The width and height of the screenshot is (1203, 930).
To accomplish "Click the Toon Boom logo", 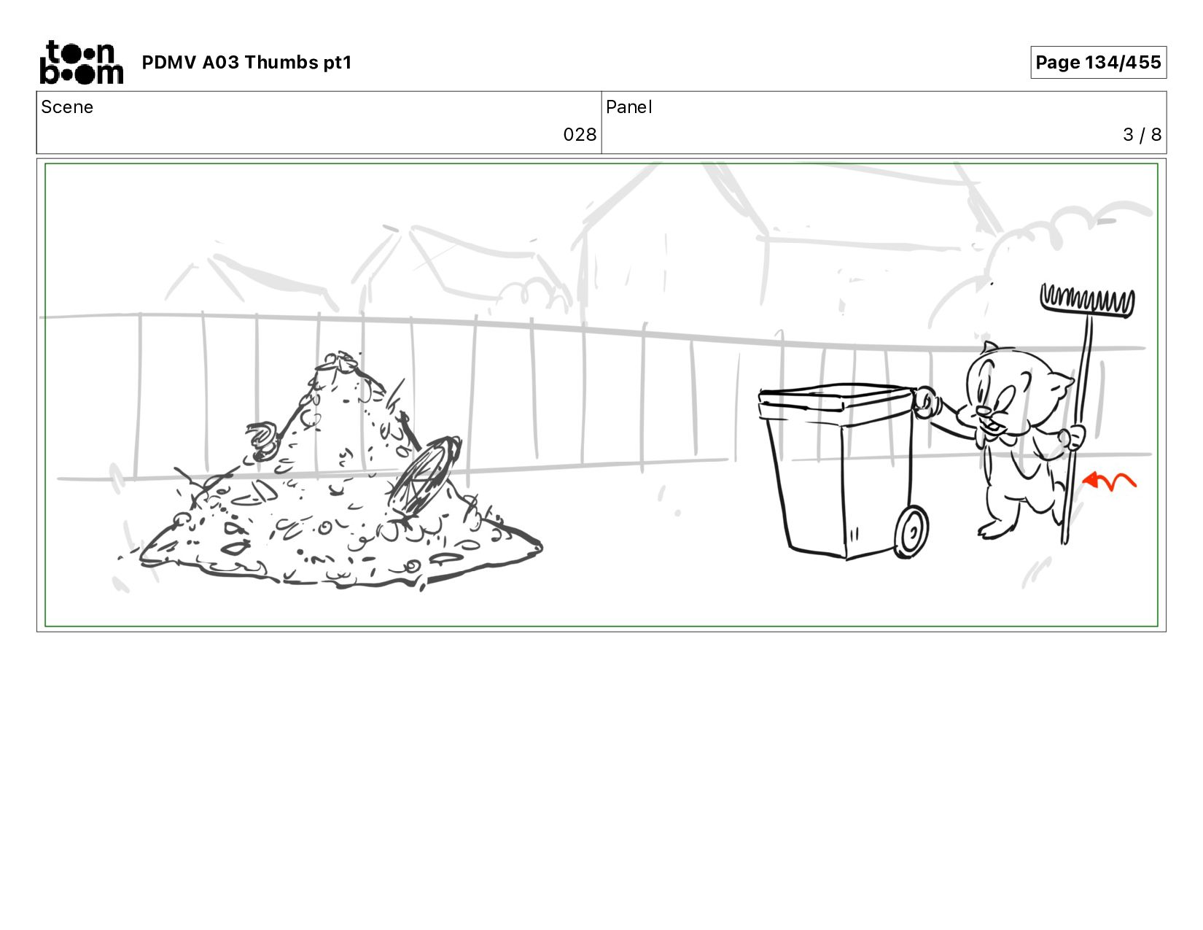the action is point(82,62).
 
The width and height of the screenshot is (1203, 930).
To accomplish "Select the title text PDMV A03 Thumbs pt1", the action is point(246,63).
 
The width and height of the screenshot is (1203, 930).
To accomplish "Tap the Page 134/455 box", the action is point(1098,62).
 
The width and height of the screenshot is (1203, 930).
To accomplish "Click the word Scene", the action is point(67,107).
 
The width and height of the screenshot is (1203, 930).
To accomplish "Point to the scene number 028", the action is point(580,135).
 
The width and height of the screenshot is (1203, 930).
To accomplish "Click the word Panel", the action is point(629,107).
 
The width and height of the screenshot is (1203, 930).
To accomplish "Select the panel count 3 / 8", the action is point(1142,135).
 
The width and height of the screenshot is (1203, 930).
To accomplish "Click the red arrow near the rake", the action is point(1108,481).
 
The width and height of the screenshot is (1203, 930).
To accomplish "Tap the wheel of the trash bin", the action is point(911,532).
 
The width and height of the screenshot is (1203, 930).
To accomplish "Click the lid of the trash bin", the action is point(836,397).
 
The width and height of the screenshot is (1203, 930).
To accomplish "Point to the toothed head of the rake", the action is point(1087,301).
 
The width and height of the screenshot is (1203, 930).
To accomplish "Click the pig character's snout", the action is point(984,411).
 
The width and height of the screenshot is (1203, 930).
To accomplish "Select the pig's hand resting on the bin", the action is point(924,403).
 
